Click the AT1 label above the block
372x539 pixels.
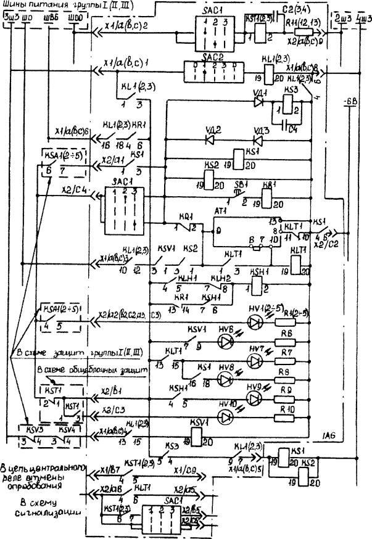[x=238, y=210]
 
